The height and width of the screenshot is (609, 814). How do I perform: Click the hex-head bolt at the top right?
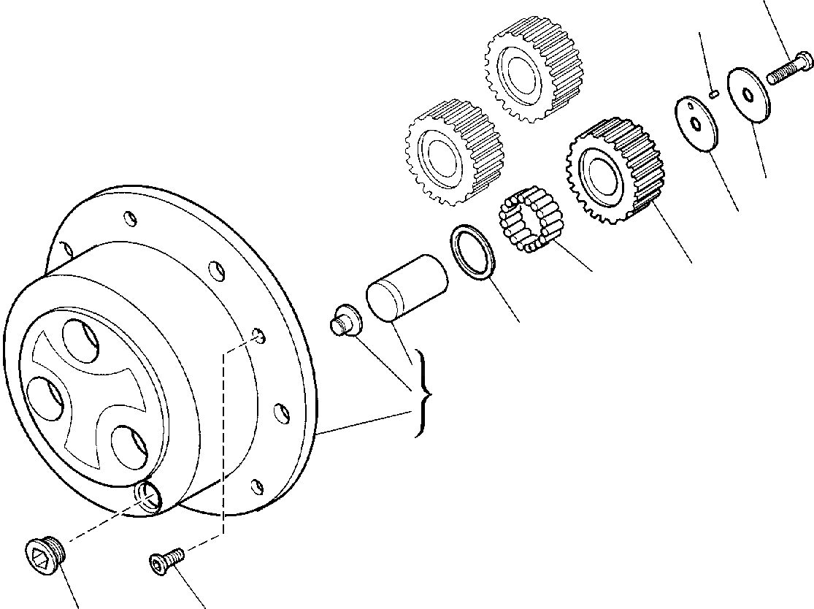791,69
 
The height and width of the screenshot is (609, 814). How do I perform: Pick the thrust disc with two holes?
696,123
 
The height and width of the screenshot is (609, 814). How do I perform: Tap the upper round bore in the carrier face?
80,340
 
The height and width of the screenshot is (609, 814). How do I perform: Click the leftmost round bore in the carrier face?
42,398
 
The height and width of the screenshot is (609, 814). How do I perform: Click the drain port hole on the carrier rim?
150,497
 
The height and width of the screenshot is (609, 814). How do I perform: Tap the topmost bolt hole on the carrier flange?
128,218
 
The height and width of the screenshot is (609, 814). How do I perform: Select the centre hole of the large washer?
748,94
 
